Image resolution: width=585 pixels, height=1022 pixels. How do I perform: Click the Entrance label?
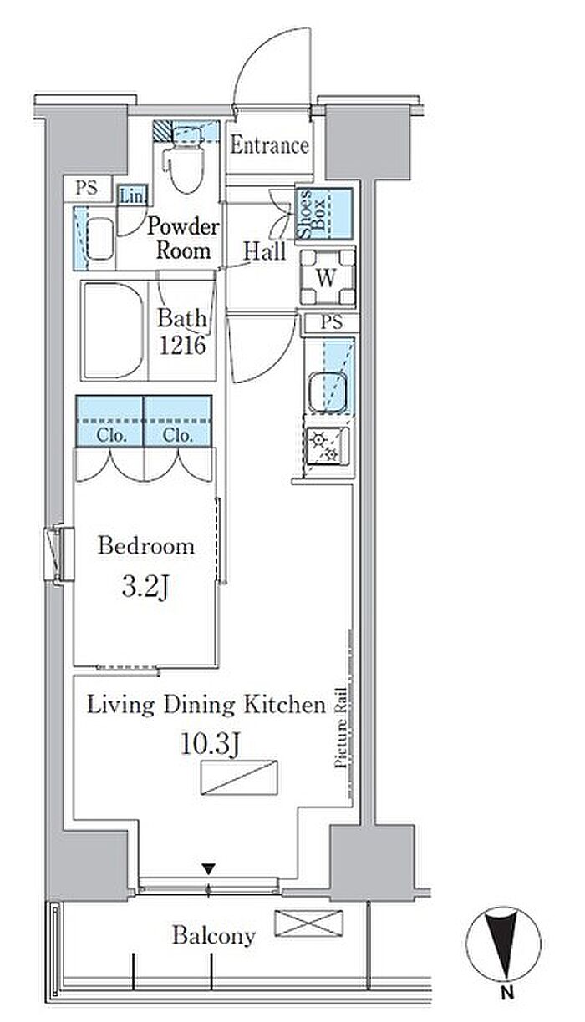click(269, 145)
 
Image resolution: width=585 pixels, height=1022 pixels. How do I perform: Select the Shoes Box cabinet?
click(324, 214)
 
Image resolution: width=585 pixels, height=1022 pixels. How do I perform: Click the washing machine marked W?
click(328, 277)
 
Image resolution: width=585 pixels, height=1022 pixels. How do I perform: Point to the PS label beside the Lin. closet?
click(87, 188)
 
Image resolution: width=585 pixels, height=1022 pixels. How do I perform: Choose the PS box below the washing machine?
click(331, 322)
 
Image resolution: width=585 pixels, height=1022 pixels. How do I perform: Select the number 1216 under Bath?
click(182, 345)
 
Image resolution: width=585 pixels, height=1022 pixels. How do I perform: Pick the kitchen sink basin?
click(327, 392)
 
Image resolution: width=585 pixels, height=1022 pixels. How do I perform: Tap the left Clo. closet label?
click(111, 436)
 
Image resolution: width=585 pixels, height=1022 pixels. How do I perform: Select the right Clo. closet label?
click(178, 436)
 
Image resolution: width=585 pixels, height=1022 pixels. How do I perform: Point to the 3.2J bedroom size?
click(145, 587)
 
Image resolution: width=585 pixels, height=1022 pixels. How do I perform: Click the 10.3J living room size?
click(211, 745)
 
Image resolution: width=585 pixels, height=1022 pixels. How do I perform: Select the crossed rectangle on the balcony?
click(308, 923)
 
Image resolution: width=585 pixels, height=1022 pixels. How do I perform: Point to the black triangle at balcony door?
click(209, 869)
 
